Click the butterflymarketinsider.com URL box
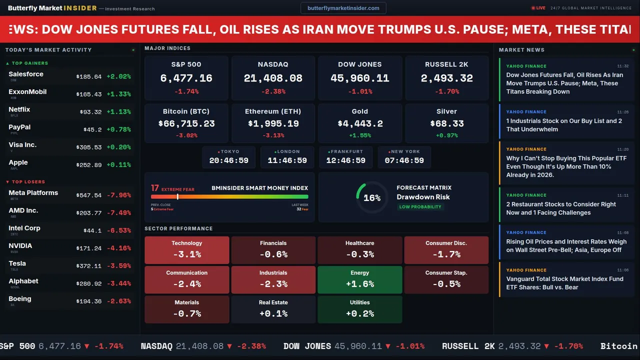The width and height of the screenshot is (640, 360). (343, 8)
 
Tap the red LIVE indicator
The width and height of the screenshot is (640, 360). (538, 8)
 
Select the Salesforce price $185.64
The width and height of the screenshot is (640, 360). (89, 77)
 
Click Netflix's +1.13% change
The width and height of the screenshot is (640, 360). (119, 112)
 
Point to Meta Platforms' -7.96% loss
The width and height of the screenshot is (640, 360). (119, 195)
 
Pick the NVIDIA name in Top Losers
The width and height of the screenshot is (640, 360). (20, 246)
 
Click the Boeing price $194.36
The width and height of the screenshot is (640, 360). (89, 301)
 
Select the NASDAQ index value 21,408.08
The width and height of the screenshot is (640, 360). (273, 78)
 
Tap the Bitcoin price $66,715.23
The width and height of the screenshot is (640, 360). (186, 123)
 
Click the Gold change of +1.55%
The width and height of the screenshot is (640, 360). (360, 135)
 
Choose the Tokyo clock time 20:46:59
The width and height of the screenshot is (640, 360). (229, 160)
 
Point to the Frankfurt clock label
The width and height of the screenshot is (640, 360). (345, 151)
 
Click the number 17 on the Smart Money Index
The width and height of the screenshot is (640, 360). (155, 188)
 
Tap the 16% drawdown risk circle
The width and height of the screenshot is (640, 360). (372, 198)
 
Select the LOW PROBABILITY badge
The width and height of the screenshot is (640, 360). (420, 207)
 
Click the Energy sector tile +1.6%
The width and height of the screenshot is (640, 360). (360, 279)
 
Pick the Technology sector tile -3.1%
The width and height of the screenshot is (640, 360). (187, 250)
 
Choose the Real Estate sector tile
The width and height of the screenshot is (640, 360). (273, 309)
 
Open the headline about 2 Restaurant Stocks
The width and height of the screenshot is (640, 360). (561, 208)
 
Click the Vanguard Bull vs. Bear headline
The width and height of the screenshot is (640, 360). (564, 283)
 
